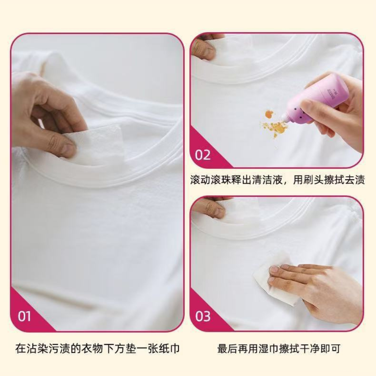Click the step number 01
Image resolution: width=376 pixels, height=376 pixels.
pos(24,316)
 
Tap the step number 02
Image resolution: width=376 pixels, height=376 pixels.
pos(203,155)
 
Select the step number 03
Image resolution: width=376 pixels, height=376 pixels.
pos(203,316)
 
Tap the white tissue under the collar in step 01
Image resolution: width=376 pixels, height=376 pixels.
pos(96,144)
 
